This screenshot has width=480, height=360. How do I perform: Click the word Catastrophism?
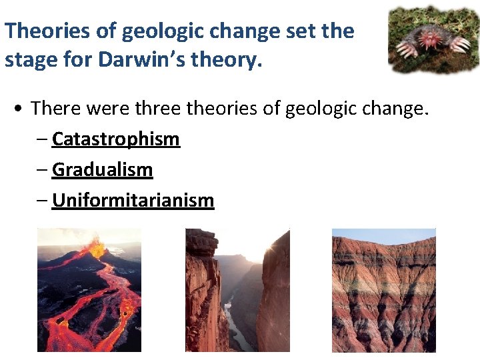115,139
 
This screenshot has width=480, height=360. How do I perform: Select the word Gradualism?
102,170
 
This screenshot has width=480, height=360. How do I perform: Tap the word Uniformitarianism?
133,201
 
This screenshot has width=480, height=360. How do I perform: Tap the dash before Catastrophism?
43,140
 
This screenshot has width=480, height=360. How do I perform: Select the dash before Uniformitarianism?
43,201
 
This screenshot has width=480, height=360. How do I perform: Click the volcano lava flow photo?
89,290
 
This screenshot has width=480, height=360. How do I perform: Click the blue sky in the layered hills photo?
383,234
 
